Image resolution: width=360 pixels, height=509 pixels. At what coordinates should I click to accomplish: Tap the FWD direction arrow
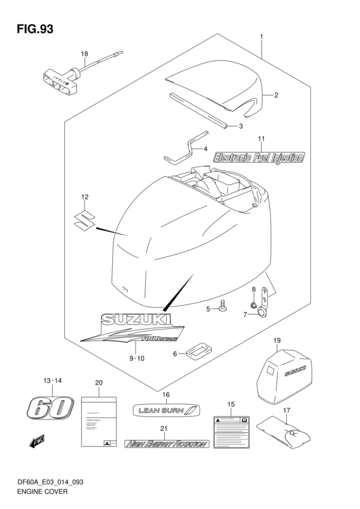pyautogui.click(x=36, y=444)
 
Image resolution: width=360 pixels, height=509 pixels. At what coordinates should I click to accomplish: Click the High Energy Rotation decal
pyautogui.click(x=166, y=445)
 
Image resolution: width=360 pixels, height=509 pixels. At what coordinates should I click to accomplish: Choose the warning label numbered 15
pyautogui.click(x=232, y=430)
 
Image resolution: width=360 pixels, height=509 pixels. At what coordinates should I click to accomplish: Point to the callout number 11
pyautogui.click(x=262, y=139)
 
